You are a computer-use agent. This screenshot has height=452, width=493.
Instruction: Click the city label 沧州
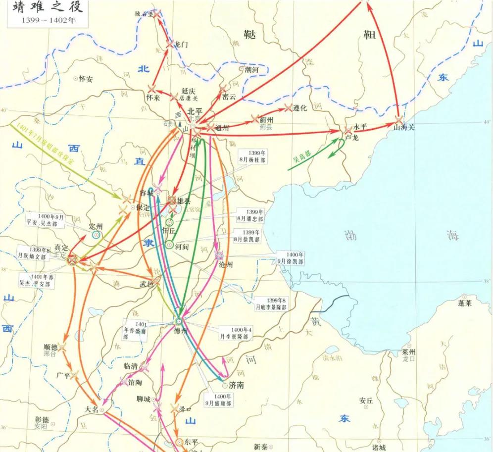[226, 264]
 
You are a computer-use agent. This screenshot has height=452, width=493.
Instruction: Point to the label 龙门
[181, 45]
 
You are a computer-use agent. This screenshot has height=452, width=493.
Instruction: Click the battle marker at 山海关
[398, 119]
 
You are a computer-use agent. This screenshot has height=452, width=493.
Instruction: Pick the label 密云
[229, 97]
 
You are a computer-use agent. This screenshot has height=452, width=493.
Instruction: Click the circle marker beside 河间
[169, 245]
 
